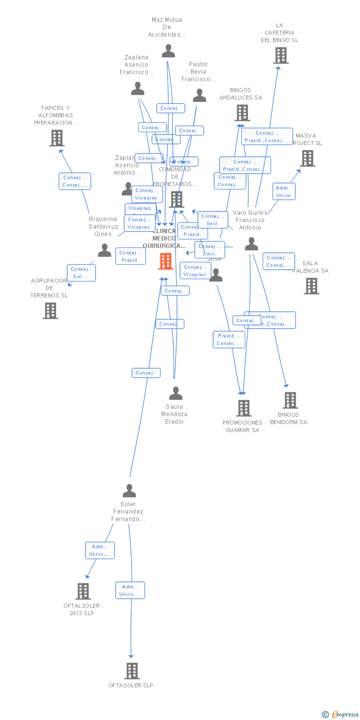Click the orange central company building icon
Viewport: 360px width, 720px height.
tap(166, 261)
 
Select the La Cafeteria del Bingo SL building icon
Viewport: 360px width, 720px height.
tap(280, 55)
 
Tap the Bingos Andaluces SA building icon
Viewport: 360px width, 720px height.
tap(242, 113)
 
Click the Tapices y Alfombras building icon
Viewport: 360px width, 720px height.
tap(57, 138)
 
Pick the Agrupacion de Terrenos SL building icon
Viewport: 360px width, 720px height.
tap(50, 311)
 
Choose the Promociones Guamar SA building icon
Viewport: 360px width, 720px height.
tap(243, 408)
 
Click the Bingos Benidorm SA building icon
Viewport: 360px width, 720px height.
tap(290, 400)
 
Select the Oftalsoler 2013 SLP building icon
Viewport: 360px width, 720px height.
tap(83, 591)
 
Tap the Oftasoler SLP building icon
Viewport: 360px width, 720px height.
tap(132, 671)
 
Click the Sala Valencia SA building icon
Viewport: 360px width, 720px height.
tap(311, 286)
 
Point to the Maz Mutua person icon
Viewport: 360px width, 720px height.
tap(168, 51)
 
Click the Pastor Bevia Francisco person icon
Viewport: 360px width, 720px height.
tap(199, 96)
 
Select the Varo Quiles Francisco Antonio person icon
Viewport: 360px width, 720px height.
tap(251, 244)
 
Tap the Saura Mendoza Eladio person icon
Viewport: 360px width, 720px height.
tap(176, 393)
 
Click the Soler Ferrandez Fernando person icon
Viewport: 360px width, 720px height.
tap(129, 491)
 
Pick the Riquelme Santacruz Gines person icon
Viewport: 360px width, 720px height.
tap(104, 250)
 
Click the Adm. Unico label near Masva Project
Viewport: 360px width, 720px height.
tap(284, 192)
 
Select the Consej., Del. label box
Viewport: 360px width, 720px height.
tap(81, 273)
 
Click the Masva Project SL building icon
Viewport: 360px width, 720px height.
tap(307, 158)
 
